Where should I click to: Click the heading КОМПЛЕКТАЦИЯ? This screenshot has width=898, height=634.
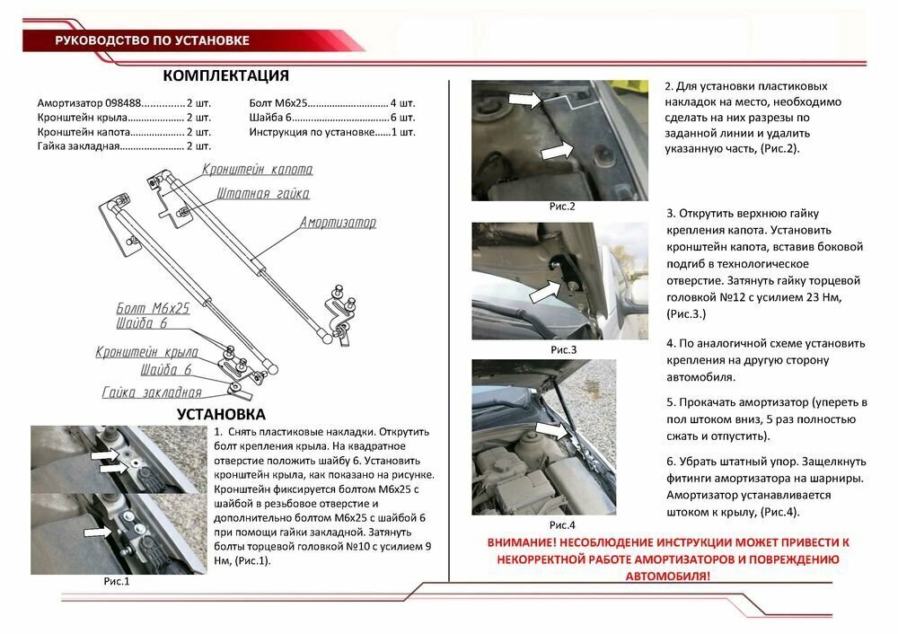(x=226, y=75)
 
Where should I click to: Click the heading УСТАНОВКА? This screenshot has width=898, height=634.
(x=221, y=414)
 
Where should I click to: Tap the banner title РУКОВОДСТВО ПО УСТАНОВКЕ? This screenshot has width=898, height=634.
(x=152, y=40)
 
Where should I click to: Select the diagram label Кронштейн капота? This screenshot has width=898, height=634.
(x=257, y=170)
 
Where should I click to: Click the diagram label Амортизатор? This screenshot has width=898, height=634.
(x=338, y=222)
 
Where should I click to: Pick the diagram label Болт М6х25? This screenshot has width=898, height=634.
(x=153, y=308)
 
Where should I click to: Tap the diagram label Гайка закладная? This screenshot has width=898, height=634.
(x=151, y=392)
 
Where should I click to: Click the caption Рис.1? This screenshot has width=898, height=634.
(x=117, y=581)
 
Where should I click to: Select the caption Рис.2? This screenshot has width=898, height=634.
(x=562, y=207)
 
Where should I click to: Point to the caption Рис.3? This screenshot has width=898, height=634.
(x=562, y=349)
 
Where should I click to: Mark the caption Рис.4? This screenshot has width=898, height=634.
(x=561, y=524)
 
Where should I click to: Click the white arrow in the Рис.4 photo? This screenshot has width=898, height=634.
(x=554, y=431)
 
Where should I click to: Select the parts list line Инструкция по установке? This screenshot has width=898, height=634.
(x=331, y=131)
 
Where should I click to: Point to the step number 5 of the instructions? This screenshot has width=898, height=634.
(x=670, y=402)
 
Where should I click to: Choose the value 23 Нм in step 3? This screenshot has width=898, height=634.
(x=825, y=296)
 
